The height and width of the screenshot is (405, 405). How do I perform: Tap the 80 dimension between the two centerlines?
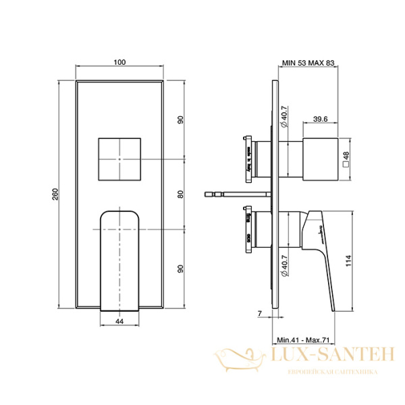[181, 195]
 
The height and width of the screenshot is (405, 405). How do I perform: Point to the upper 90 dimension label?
[181, 120]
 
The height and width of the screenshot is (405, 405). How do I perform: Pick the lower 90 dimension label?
[181, 269]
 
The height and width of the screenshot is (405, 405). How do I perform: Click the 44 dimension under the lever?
[119, 323]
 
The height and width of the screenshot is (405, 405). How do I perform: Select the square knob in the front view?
[119, 159]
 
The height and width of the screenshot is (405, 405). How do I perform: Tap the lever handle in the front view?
[119, 260]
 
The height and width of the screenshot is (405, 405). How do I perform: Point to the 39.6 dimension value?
[321, 119]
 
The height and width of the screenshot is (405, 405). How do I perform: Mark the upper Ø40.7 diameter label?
[284, 117]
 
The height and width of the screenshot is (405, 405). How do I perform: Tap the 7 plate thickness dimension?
[260, 313]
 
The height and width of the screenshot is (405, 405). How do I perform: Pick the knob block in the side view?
[320, 159]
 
